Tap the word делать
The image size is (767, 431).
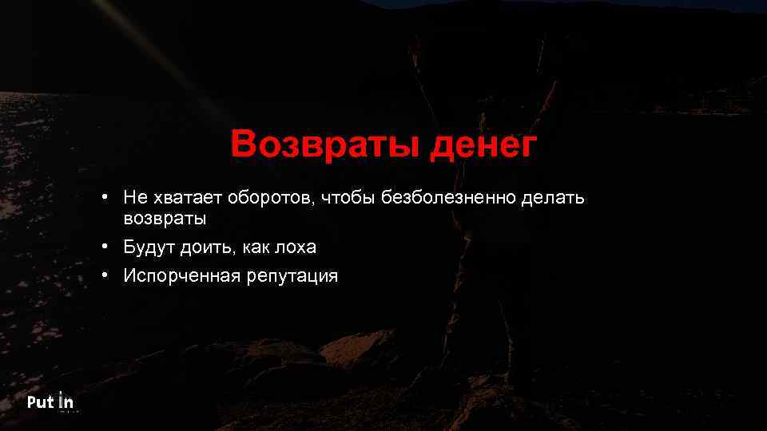click(x=554, y=197)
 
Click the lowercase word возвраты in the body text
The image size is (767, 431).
click(x=165, y=217)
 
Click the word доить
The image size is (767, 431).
click(x=207, y=247)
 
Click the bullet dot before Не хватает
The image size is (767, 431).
click(x=105, y=196)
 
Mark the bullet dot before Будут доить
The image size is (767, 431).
click(x=105, y=247)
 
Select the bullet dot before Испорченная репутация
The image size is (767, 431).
click(x=105, y=275)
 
